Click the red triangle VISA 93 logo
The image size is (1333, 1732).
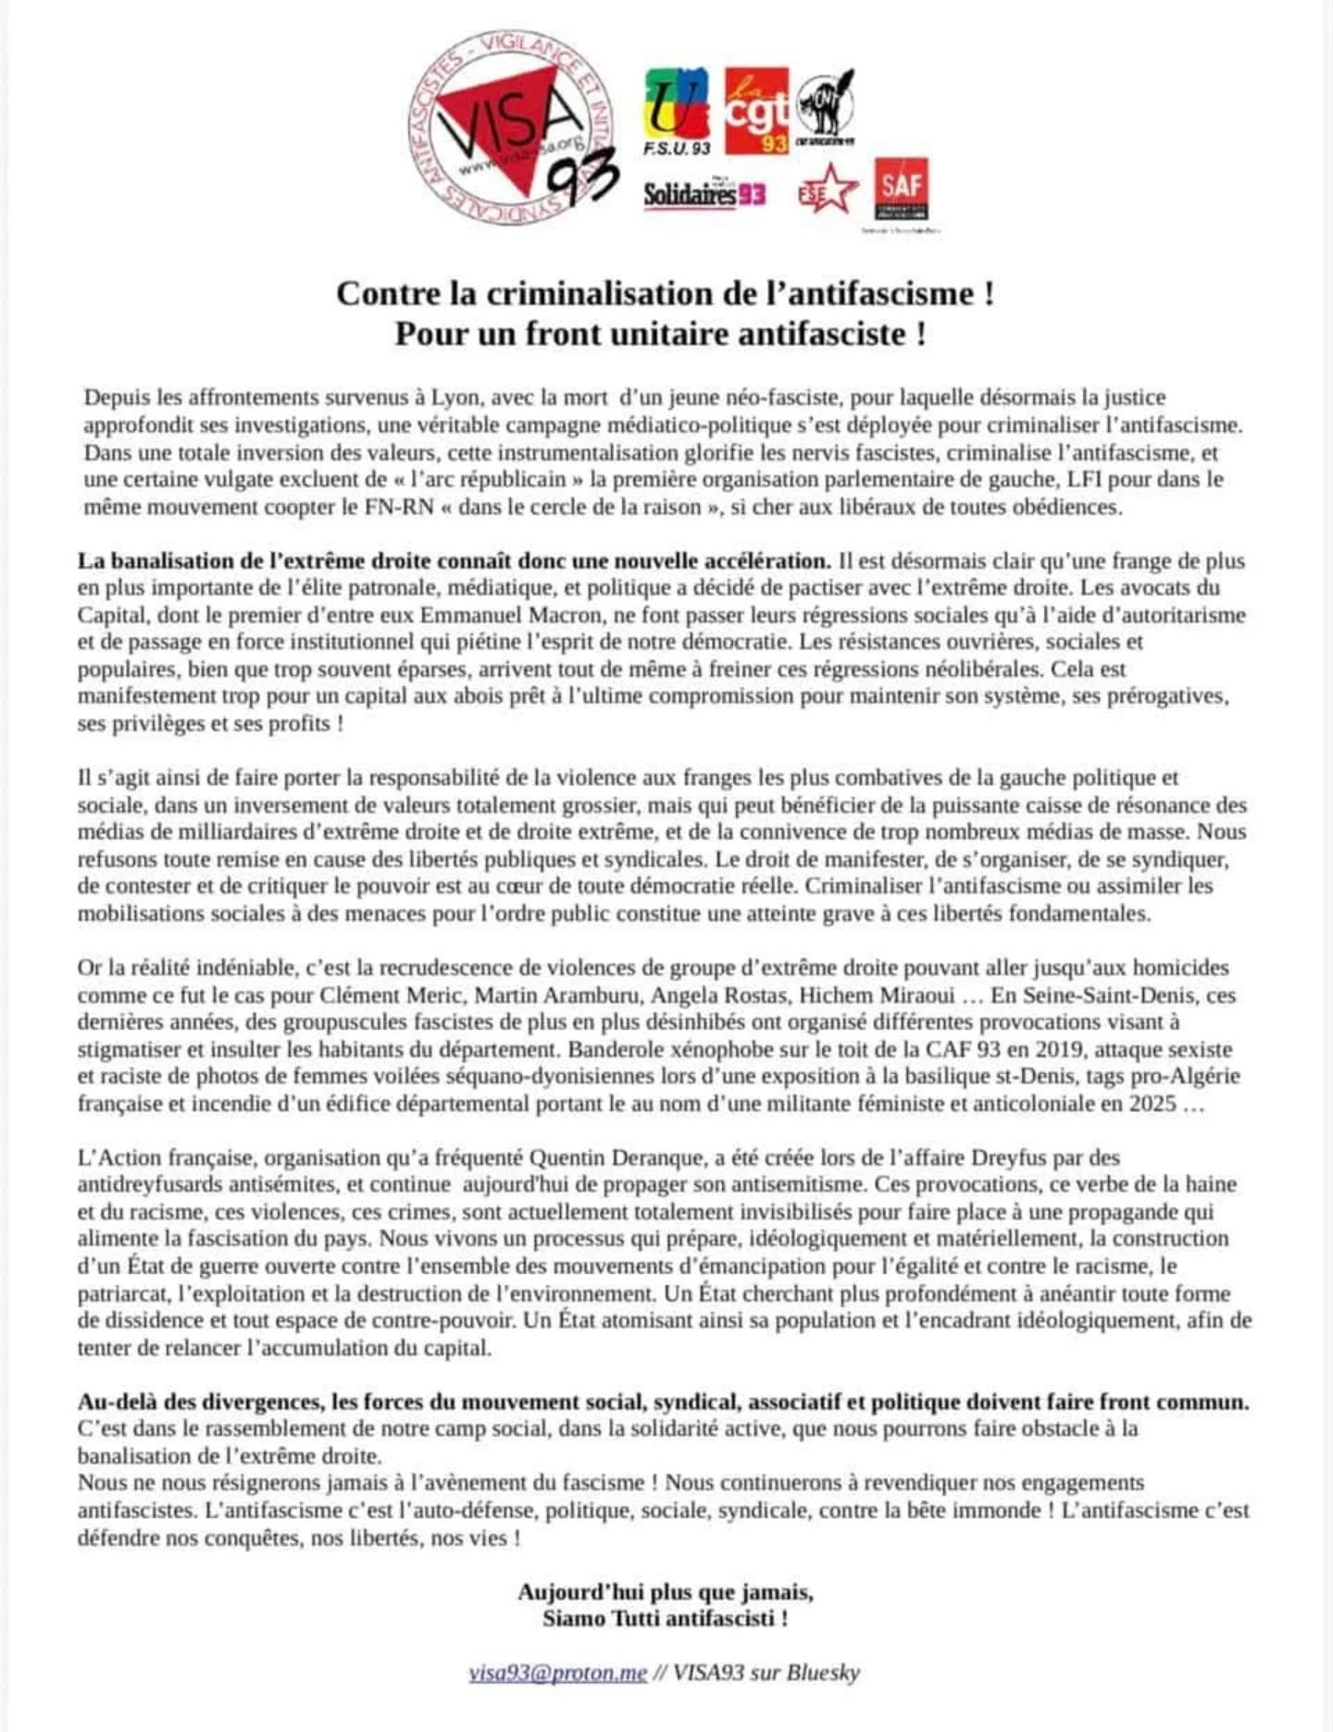(x=513, y=130)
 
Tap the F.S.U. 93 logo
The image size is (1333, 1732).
(x=677, y=111)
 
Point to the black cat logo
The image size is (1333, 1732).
(x=825, y=106)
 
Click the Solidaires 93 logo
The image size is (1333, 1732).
(x=704, y=193)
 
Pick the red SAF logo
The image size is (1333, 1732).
(x=902, y=189)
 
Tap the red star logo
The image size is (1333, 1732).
(x=828, y=189)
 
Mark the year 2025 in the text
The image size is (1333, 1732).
(x=1152, y=1104)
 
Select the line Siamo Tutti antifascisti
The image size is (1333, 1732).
(x=665, y=1618)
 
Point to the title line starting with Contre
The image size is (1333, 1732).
(x=665, y=293)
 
